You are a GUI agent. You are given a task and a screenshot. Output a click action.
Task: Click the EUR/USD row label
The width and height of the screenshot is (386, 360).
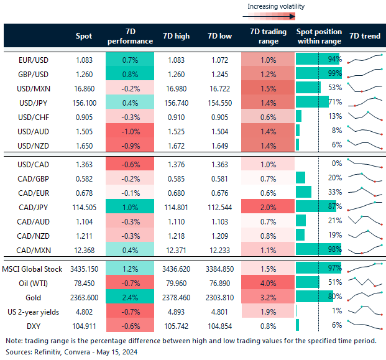coord(35,60)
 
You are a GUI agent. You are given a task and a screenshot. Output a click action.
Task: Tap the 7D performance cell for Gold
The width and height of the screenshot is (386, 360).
coord(129,297)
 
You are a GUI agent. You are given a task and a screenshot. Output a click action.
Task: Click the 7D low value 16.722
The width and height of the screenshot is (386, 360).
coord(219,88)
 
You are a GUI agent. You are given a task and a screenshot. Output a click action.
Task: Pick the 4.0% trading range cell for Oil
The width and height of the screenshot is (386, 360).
coord(268,284)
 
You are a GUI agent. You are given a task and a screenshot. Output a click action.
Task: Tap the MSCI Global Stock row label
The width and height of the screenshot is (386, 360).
coord(35,269)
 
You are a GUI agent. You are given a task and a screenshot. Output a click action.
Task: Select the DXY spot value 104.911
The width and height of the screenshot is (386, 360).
coord(83,325)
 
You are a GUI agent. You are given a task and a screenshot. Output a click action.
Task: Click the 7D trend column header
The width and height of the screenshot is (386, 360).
coord(364,36)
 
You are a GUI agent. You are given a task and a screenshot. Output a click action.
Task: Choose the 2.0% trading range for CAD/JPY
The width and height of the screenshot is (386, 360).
coord(268,206)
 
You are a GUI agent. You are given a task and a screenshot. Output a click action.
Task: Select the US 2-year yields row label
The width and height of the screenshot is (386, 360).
coord(35,311)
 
